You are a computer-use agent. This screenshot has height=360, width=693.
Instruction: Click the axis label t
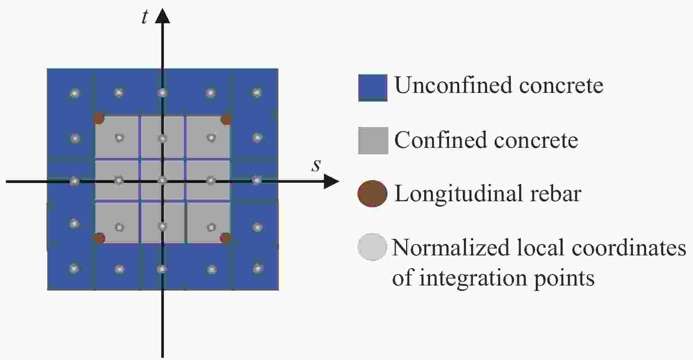[x=145, y=17]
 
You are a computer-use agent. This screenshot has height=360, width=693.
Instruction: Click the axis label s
[x=316, y=165]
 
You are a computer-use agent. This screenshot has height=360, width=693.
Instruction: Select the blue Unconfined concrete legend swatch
[x=373, y=88]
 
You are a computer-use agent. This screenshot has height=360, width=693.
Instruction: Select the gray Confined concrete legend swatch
[x=373, y=140]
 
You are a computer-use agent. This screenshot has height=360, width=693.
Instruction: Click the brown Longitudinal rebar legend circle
[x=372, y=194]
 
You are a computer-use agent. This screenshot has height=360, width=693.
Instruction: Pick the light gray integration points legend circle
[x=372, y=247]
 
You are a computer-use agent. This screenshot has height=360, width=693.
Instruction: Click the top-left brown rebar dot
[x=99, y=118]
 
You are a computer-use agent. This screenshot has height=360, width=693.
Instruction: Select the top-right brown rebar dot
[x=226, y=119]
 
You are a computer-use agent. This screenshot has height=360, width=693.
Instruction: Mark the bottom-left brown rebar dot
[x=99, y=238]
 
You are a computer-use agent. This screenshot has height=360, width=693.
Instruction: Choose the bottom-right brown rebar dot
[x=226, y=238]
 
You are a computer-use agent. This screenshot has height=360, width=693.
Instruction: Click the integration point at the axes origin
[x=162, y=181]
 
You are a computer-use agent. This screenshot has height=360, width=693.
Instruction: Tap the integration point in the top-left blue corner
[x=75, y=93]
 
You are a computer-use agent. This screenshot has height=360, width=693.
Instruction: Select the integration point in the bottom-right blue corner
[x=257, y=268]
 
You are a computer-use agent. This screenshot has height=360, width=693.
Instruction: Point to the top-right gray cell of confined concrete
[x=208, y=136]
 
